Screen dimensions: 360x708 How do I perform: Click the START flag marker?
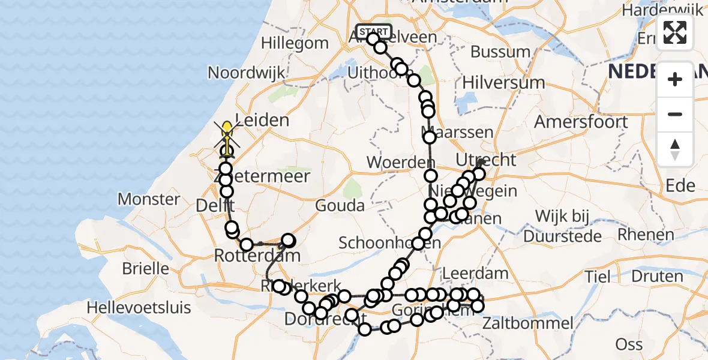click(x=373, y=31)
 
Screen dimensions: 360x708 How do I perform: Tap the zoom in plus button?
click(x=675, y=79)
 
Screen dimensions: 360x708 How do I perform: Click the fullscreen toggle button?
click(x=675, y=32)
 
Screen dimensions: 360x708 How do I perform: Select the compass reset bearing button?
click(x=675, y=149)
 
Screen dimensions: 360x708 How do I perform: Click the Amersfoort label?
click(x=581, y=121)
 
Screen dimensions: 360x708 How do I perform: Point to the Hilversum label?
click(x=503, y=83)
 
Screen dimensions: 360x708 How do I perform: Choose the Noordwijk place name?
click(x=246, y=73)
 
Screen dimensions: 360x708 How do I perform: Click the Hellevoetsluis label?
click(x=139, y=308)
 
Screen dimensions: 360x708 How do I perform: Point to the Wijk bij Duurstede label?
click(x=562, y=225)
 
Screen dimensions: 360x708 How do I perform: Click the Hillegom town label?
click(x=295, y=43)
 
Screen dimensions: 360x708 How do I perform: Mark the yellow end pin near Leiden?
click(x=227, y=128)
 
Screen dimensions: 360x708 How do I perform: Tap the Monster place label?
click(x=149, y=199)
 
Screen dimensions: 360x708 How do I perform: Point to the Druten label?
click(x=657, y=277)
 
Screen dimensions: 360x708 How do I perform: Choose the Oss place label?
click(x=629, y=344)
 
